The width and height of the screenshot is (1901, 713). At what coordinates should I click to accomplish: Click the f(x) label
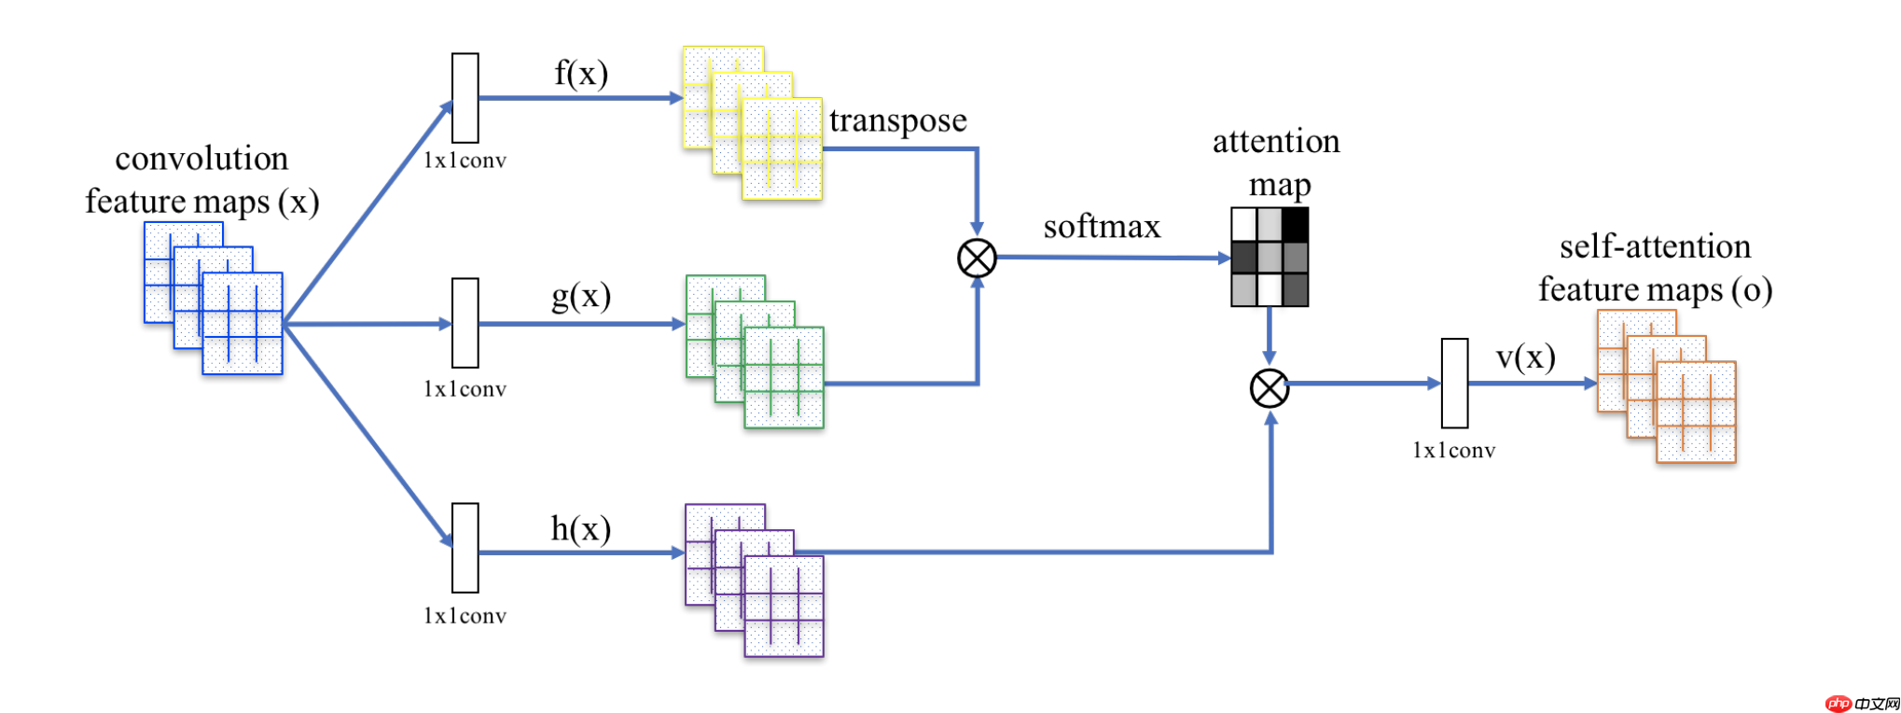(581, 73)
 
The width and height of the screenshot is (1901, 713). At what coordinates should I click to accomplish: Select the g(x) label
(581, 296)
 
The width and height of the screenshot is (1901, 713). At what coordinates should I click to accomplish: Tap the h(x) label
(580, 529)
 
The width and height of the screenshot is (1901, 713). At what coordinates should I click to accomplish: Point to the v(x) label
(1526, 356)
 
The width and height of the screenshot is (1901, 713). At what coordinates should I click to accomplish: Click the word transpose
(897, 120)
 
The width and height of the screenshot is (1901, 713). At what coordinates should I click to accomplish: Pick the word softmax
(1102, 227)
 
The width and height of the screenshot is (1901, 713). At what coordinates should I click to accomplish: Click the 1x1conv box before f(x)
(465, 98)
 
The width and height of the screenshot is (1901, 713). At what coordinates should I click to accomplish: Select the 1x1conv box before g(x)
(465, 323)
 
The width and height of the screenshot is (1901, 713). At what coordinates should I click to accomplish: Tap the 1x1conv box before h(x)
(465, 548)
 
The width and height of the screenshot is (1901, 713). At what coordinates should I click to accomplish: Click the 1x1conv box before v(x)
(1454, 383)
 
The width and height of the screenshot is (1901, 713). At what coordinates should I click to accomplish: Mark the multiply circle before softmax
(978, 259)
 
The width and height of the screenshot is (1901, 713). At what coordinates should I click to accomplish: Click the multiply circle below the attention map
(1270, 388)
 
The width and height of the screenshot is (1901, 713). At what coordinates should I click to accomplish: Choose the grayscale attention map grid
(1270, 257)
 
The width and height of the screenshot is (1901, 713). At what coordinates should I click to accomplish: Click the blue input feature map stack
(214, 299)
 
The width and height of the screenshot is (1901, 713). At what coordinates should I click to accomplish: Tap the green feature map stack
(755, 352)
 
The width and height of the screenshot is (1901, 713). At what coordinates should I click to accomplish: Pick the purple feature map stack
(755, 580)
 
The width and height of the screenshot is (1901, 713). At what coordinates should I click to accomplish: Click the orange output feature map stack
(1667, 386)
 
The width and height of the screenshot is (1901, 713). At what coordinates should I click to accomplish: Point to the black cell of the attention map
(1296, 224)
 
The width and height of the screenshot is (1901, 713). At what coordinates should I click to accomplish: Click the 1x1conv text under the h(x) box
(465, 616)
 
